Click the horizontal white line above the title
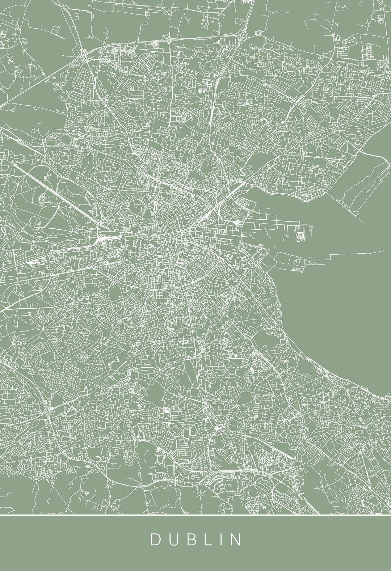(x=195, y=514)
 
